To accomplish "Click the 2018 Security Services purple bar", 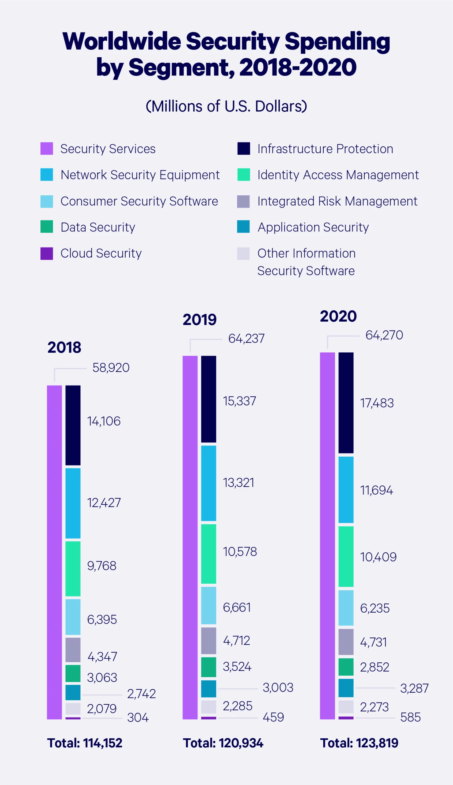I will tap(54, 553).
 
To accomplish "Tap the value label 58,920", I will tap(111, 368).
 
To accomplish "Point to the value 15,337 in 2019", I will tap(239, 401).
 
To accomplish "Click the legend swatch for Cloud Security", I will tap(47, 253).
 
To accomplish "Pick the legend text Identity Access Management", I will tap(338, 175).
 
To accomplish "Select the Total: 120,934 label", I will tap(223, 743).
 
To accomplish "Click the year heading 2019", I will tap(200, 320).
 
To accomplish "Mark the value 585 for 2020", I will tap(410, 718).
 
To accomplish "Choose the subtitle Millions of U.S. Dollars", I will tap(226, 106).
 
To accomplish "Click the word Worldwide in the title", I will tap(121, 41).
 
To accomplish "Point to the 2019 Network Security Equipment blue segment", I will tap(208, 483).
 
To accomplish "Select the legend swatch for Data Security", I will tap(47, 227).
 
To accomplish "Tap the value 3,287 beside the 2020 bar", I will tap(414, 688).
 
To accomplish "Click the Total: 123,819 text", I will tap(359, 743).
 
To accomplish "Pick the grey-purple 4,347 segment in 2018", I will tap(73, 649).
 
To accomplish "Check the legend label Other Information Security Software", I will tap(306, 262).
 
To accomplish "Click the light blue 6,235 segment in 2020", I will tap(346, 607).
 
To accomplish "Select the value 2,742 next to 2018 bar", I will tap(141, 694).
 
